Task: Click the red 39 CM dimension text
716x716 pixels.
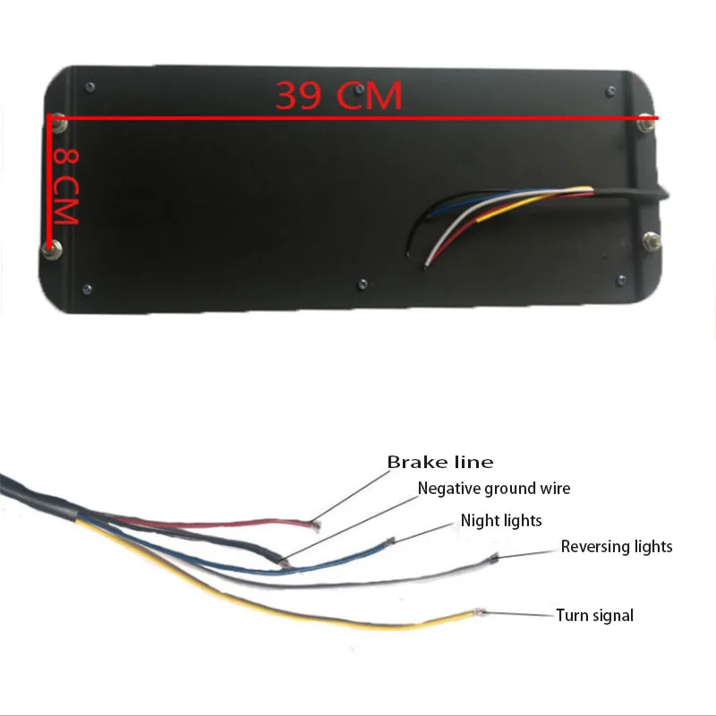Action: pos(338,96)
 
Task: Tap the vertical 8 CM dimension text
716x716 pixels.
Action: pos(66,185)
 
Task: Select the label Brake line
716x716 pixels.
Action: pos(439,463)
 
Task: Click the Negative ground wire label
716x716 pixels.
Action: pos(493,489)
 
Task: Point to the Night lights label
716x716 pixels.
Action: pos(501,520)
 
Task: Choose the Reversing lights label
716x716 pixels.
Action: pos(617,546)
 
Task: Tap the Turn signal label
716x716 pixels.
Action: pos(594,615)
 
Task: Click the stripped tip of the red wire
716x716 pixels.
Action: pos(312,523)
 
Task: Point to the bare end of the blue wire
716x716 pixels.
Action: pos(390,541)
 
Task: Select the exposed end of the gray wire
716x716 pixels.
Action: pos(493,559)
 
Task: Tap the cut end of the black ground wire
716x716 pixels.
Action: pos(283,563)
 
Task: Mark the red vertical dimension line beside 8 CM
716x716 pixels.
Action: pos(47,179)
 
